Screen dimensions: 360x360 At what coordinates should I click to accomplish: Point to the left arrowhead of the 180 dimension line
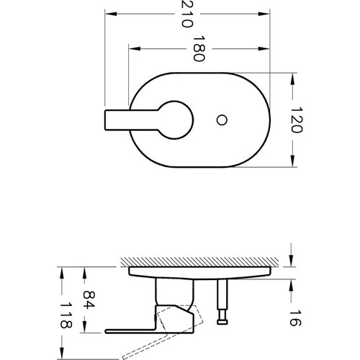pyautogui.click(x=132, y=48)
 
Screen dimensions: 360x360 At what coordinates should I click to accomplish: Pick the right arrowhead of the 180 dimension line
pyautogui.click(x=266, y=48)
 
